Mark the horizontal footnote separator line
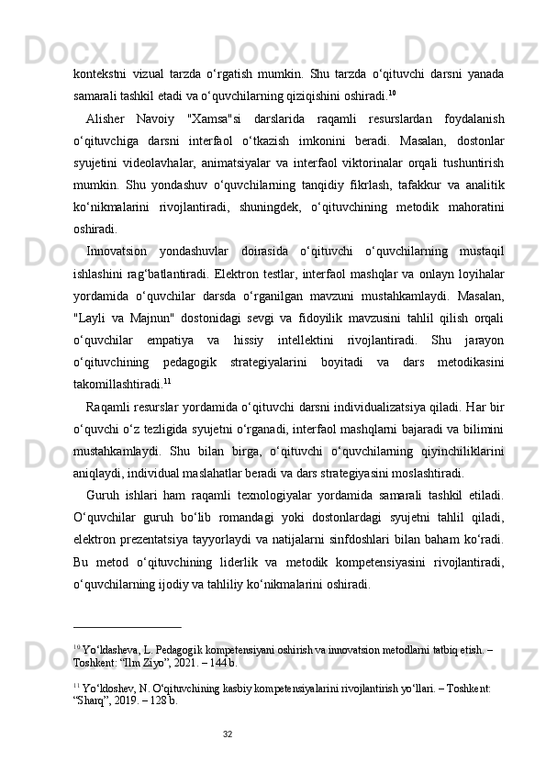[x=128, y=627]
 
